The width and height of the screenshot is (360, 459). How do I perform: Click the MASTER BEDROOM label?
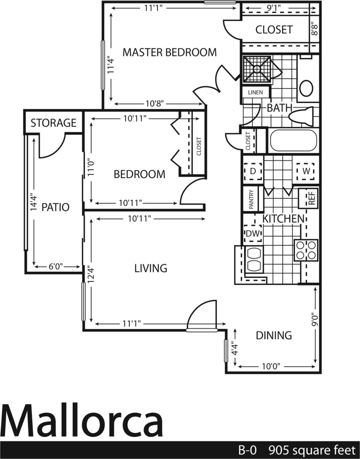coord(169,52)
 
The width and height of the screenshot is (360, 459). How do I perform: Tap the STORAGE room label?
coord(53,123)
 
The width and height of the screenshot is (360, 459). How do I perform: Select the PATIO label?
coord(55,207)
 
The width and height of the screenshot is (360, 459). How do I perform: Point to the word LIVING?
coord(151,268)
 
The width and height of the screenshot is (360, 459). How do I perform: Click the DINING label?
coord(274,335)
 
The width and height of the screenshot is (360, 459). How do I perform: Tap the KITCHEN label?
coord(283,219)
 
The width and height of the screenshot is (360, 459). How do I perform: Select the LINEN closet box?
coord(255,92)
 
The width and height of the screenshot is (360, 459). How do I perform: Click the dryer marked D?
coord(253,171)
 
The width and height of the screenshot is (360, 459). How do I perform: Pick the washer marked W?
coord(306,171)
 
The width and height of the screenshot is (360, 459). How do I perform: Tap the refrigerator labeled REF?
coord(311,198)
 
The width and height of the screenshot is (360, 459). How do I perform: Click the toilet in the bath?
coord(302,115)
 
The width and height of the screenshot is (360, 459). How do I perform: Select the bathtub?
coord(293,141)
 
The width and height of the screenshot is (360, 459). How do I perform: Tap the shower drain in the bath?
coord(257,69)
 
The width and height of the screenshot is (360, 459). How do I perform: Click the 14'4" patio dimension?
coord(33,202)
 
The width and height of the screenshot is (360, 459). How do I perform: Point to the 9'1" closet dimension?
coord(274,7)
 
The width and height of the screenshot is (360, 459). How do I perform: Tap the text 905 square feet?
coord(312,451)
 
